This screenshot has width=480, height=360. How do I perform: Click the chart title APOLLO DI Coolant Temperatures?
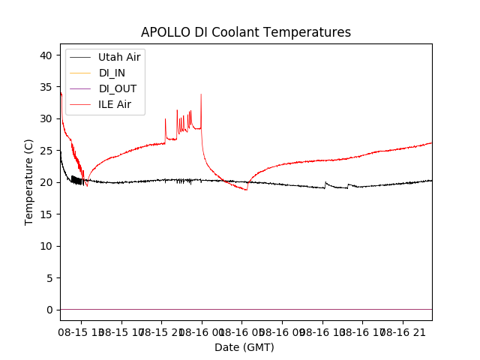click(x=246, y=32)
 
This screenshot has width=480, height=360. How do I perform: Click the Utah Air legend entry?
click(x=119, y=57)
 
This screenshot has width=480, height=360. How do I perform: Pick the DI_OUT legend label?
click(x=118, y=88)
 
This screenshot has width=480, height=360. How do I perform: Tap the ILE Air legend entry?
click(x=115, y=104)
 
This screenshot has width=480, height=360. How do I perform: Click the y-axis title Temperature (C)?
click(x=28, y=181)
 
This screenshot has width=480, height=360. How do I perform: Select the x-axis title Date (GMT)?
click(x=244, y=347)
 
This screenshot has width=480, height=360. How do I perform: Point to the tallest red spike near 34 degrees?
click(x=201, y=94)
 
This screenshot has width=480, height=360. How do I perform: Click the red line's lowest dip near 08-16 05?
click(x=246, y=190)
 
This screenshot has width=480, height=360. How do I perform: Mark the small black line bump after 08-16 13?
click(x=325, y=183)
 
